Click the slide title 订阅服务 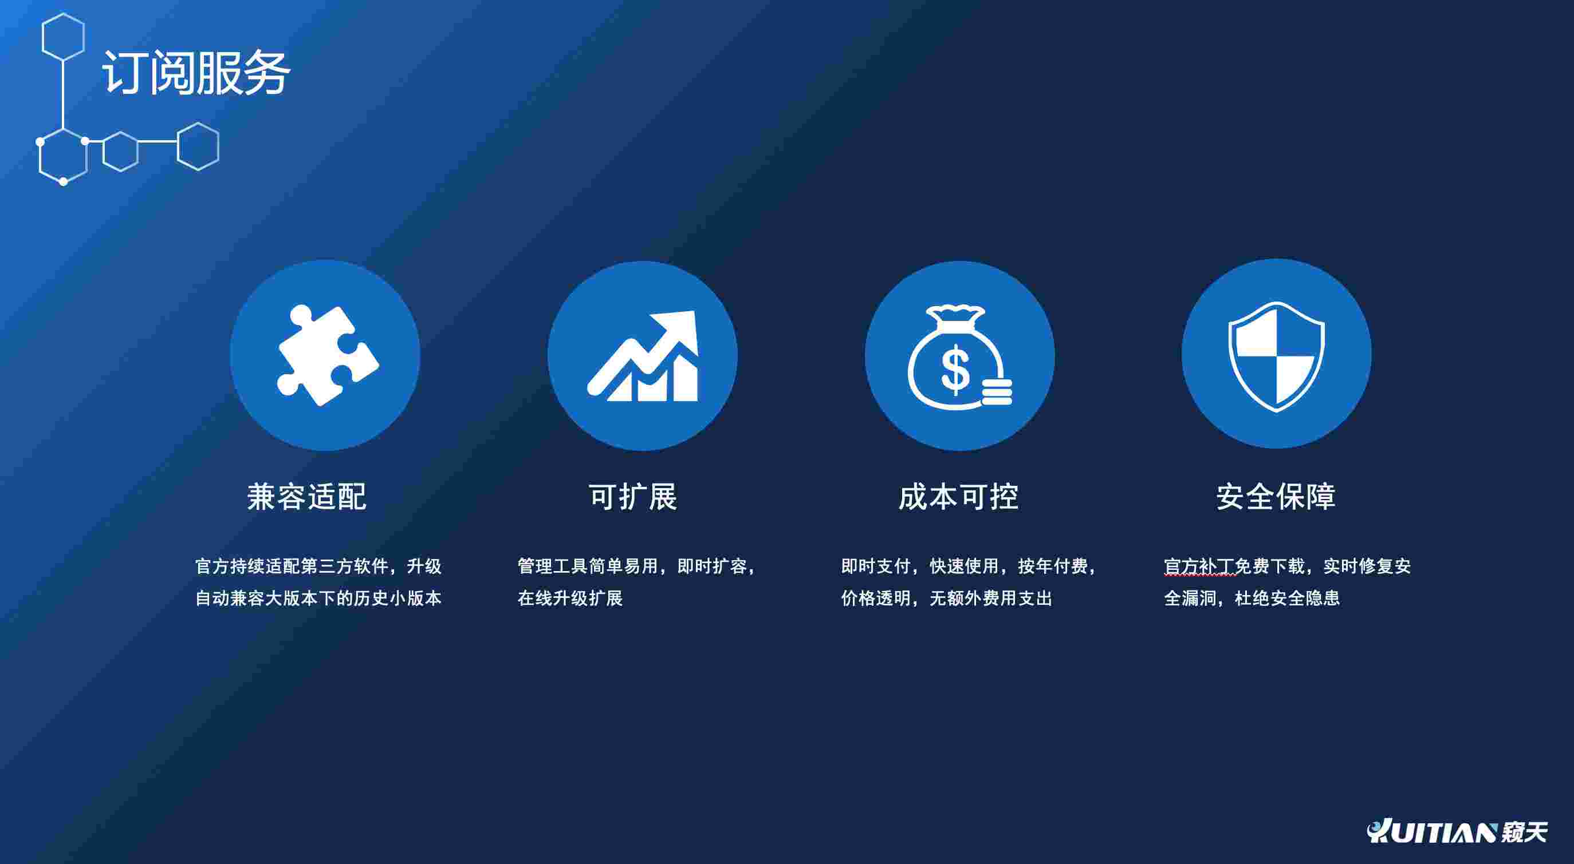pyautogui.click(x=195, y=73)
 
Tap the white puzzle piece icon pyautogui.click(x=328, y=355)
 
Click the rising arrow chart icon pyautogui.click(x=643, y=356)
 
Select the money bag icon pyautogui.click(x=959, y=357)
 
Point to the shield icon pyautogui.click(x=1276, y=356)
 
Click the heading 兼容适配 pyautogui.click(x=306, y=497)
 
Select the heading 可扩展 pyautogui.click(x=633, y=497)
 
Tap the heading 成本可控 pyautogui.click(x=958, y=497)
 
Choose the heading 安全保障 pyautogui.click(x=1276, y=497)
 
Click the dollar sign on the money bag pyautogui.click(x=955, y=368)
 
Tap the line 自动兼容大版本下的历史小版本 pyautogui.click(x=318, y=598)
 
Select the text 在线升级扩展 pyautogui.click(x=570, y=598)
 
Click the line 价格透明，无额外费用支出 pyautogui.click(x=946, y=598)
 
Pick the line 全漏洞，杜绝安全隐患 pyautogui.click(x=1252, y=598)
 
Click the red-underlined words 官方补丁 pyautogui.click(x=1199, y=566)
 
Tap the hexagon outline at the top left pyautogui.click(x=63, y=37)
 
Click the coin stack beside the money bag pyautogui.click(x=997, y=391)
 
